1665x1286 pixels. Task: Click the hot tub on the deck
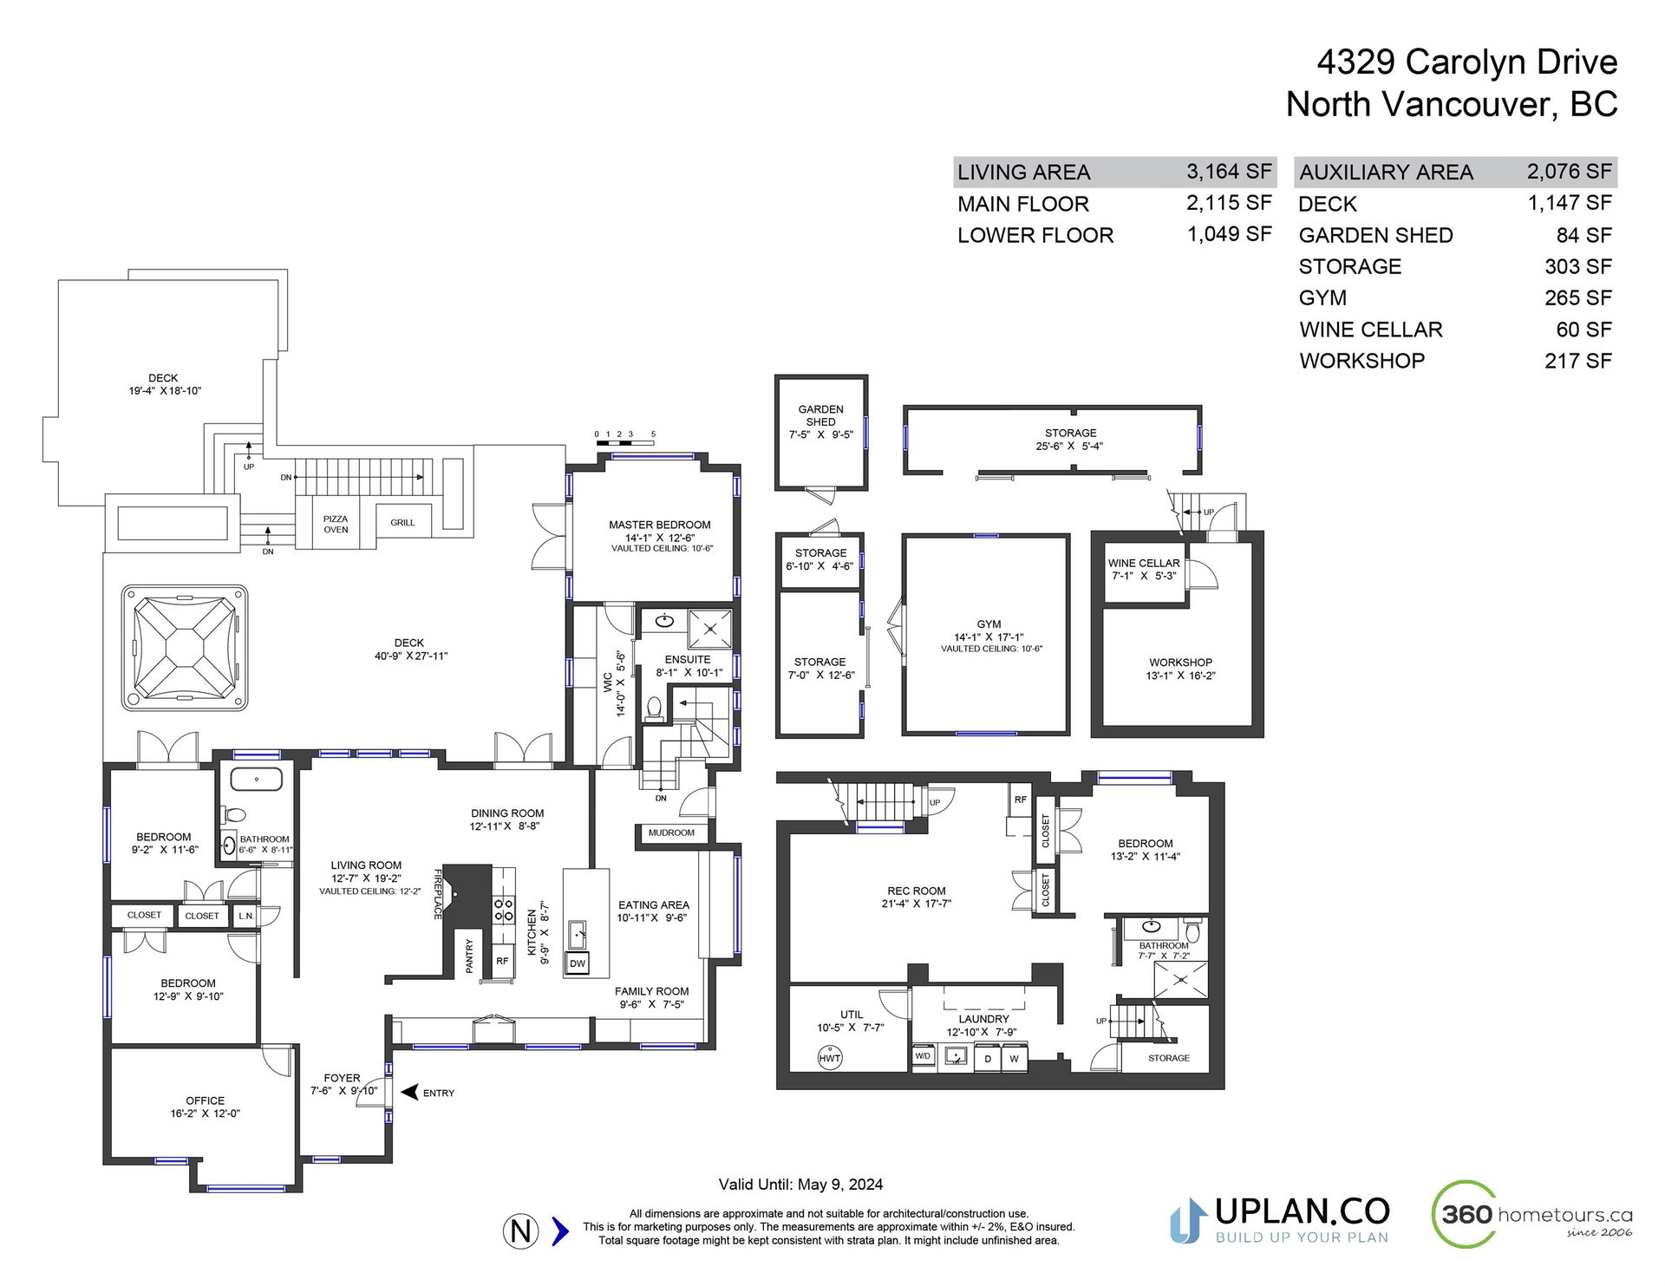pos(185,648)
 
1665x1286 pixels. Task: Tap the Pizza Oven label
pos(336,525)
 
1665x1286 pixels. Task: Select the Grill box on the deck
pos(403,521)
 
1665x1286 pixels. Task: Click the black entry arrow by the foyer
pos(410,1092)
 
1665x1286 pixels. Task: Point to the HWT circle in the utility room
pos(830,1058)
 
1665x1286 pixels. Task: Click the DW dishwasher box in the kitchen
pos(578,963)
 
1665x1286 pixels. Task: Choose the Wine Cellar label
pos(1144,563)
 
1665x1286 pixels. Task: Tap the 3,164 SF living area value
pos(1229,172)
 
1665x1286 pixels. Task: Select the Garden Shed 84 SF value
pos(1584,235)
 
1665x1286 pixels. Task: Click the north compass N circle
pos(521,1231)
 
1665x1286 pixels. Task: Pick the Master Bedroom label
pos(660,525)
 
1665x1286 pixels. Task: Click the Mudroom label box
pos(672,832)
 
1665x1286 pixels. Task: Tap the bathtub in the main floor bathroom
pos(257,779)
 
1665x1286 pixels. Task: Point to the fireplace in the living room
pos(467,893)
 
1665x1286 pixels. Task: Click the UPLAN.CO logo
pos(1280,1220)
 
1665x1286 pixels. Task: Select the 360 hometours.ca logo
pos(1531,1214)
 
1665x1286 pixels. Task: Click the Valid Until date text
pos(800,1185)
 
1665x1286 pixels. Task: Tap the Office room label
pos(206,1100)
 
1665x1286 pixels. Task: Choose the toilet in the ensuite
pos(655,708)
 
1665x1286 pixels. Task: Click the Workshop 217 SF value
pos(1577,361)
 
